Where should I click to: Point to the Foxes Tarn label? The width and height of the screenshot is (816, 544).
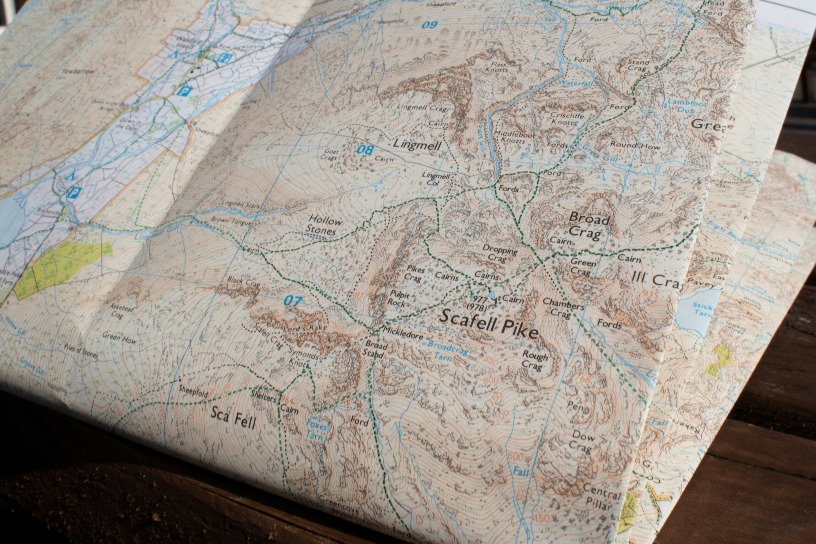click(x=316, y=429)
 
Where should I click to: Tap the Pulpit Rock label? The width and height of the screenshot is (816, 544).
click(x=399, y=298)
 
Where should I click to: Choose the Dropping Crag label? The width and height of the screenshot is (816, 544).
click(x=500, y=253)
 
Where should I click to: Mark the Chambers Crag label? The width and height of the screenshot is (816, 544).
click(x=563, y=308)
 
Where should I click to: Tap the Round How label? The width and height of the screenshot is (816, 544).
click(x=635, y=146)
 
